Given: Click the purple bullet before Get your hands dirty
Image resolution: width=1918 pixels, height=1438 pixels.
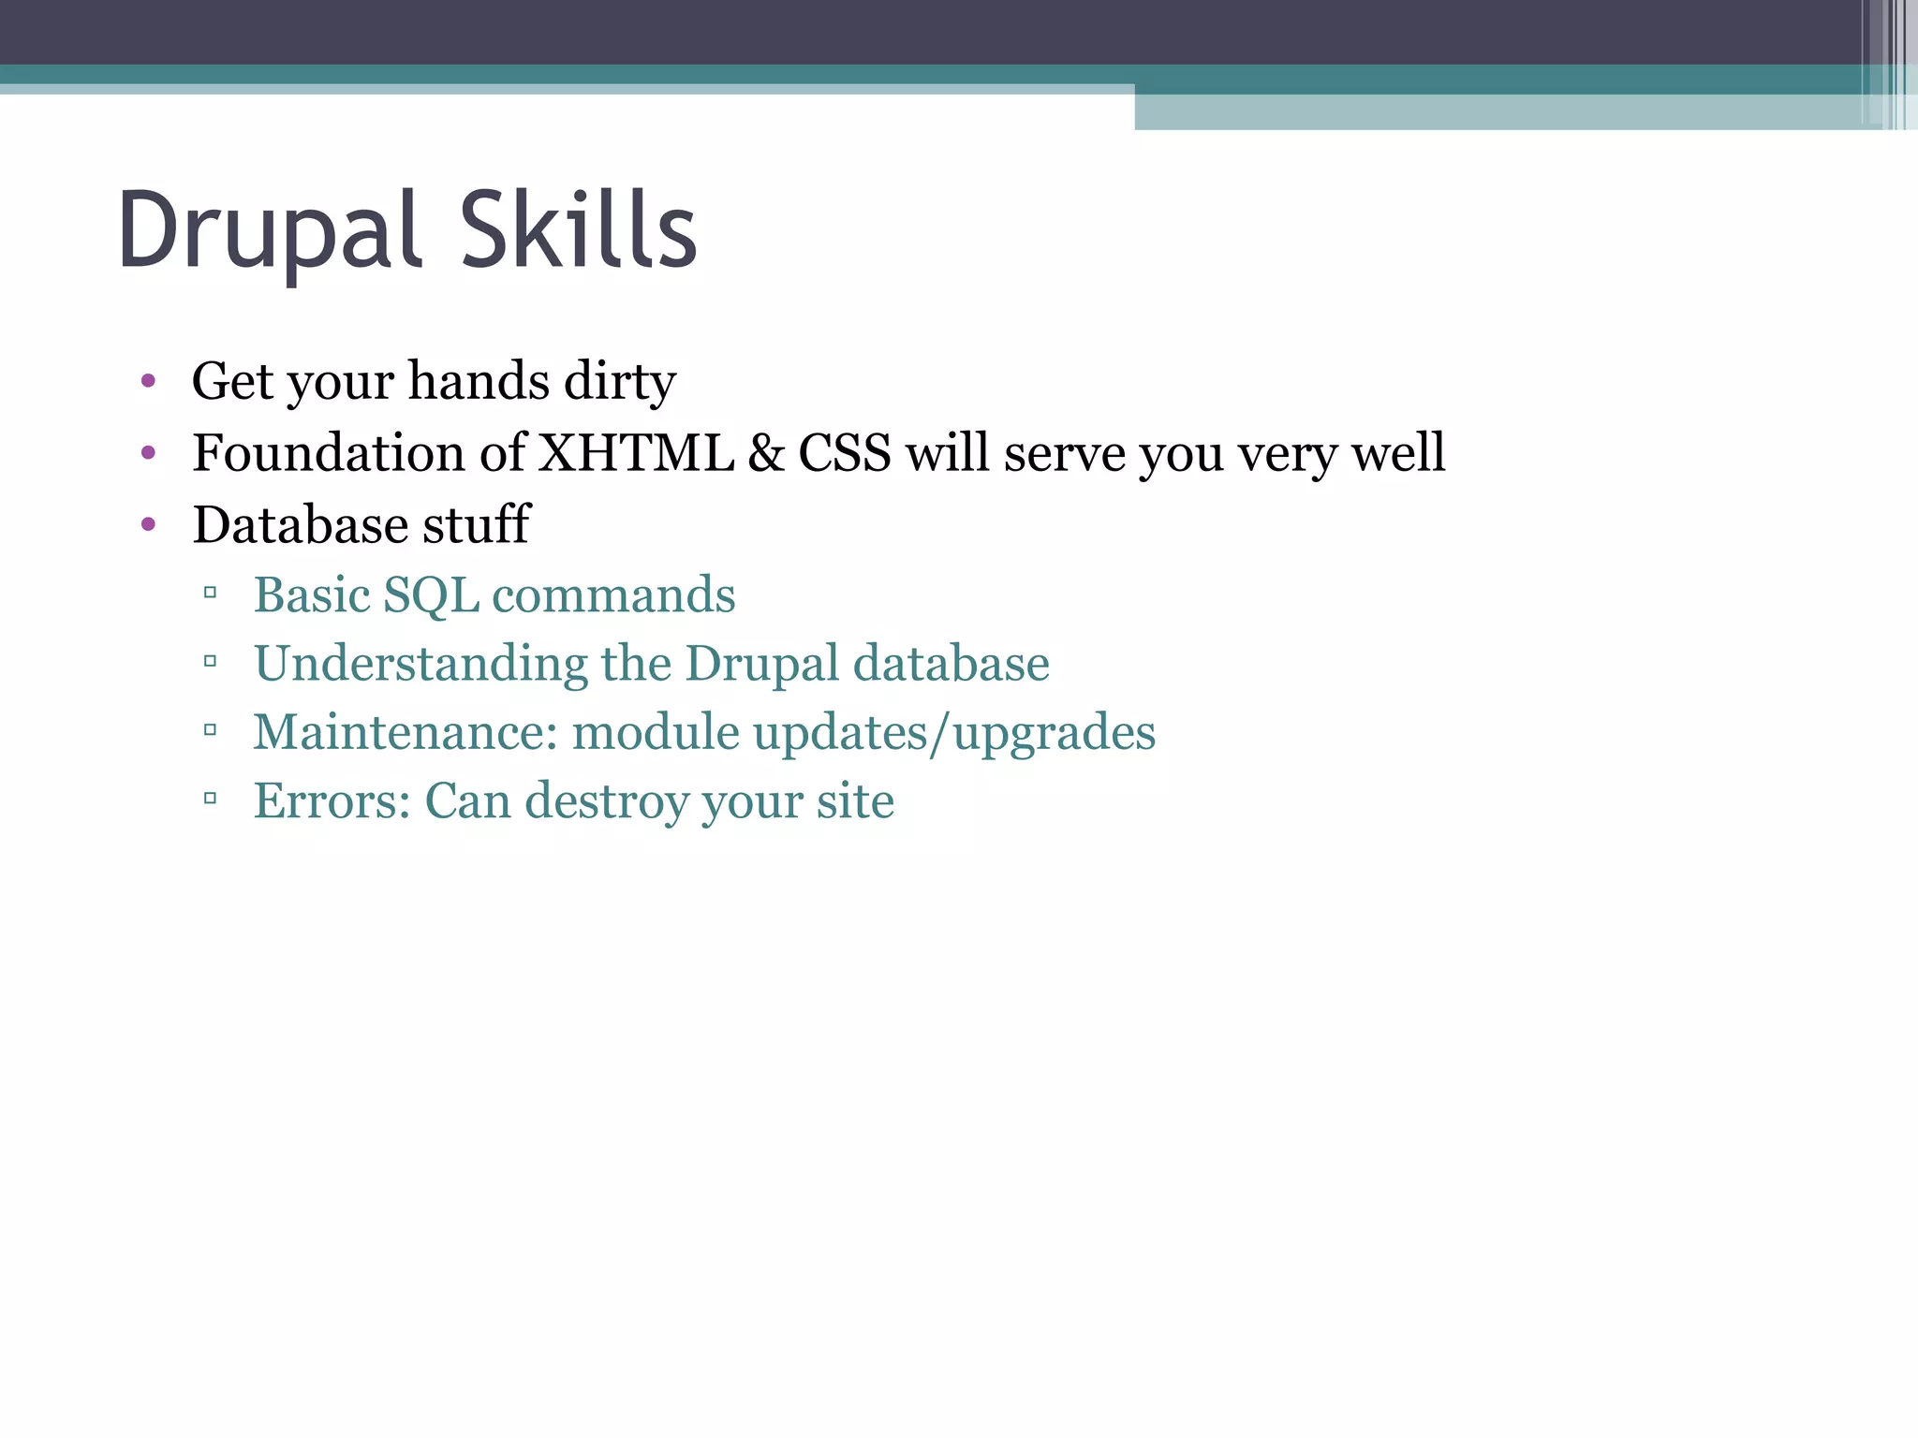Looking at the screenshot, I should coord(148,381).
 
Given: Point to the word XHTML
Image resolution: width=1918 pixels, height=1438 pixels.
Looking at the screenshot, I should coord(637,453).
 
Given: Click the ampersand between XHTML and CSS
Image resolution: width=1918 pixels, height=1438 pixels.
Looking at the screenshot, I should coord(766,453).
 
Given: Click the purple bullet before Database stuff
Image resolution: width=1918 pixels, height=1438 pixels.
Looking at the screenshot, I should coord(148,524).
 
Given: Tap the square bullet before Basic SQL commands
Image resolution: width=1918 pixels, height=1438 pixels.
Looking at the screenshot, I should coord(210,593).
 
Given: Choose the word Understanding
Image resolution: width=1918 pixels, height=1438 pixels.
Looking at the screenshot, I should coord(420,665).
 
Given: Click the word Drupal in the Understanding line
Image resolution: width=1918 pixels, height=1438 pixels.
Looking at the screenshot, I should coord(761,665).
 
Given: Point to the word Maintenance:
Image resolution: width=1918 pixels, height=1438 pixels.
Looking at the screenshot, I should coord(405,732).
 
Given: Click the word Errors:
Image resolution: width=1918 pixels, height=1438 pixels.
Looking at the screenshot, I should coord(332,801).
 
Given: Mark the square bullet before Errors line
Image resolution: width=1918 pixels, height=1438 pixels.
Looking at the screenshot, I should coord(210,799).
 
